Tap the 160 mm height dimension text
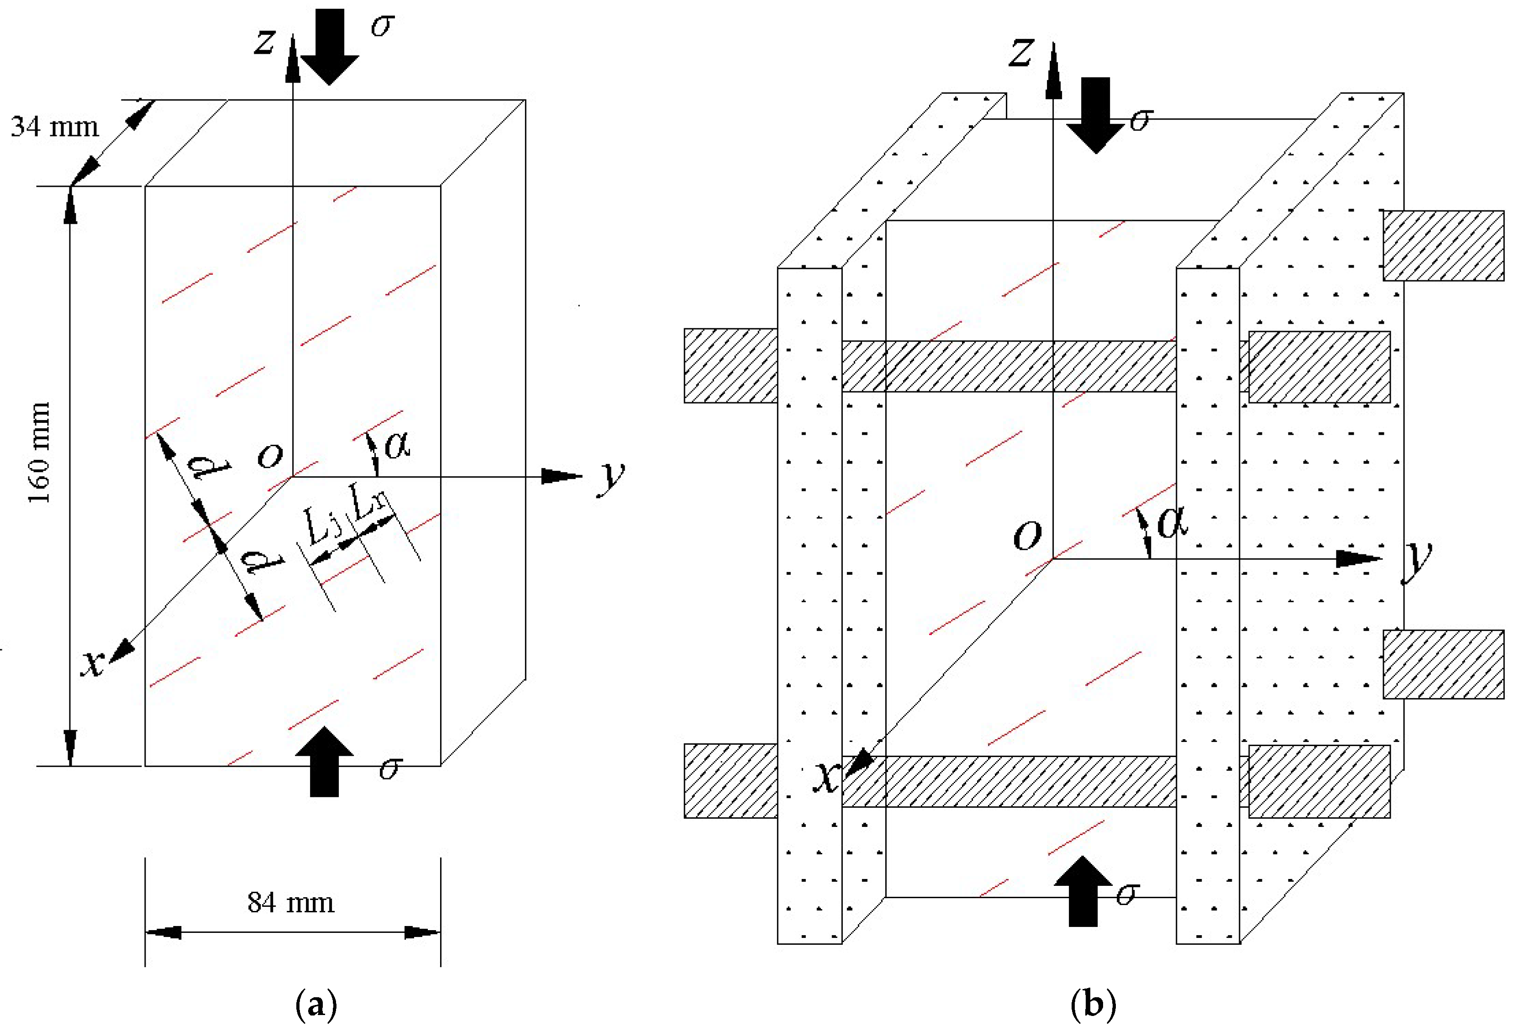point(40,453)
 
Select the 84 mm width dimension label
point(290,903)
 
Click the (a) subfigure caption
point(316,1004)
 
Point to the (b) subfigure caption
point(1093,1004)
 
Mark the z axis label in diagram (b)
point(1021,52)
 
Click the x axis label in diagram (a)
point(93,663)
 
